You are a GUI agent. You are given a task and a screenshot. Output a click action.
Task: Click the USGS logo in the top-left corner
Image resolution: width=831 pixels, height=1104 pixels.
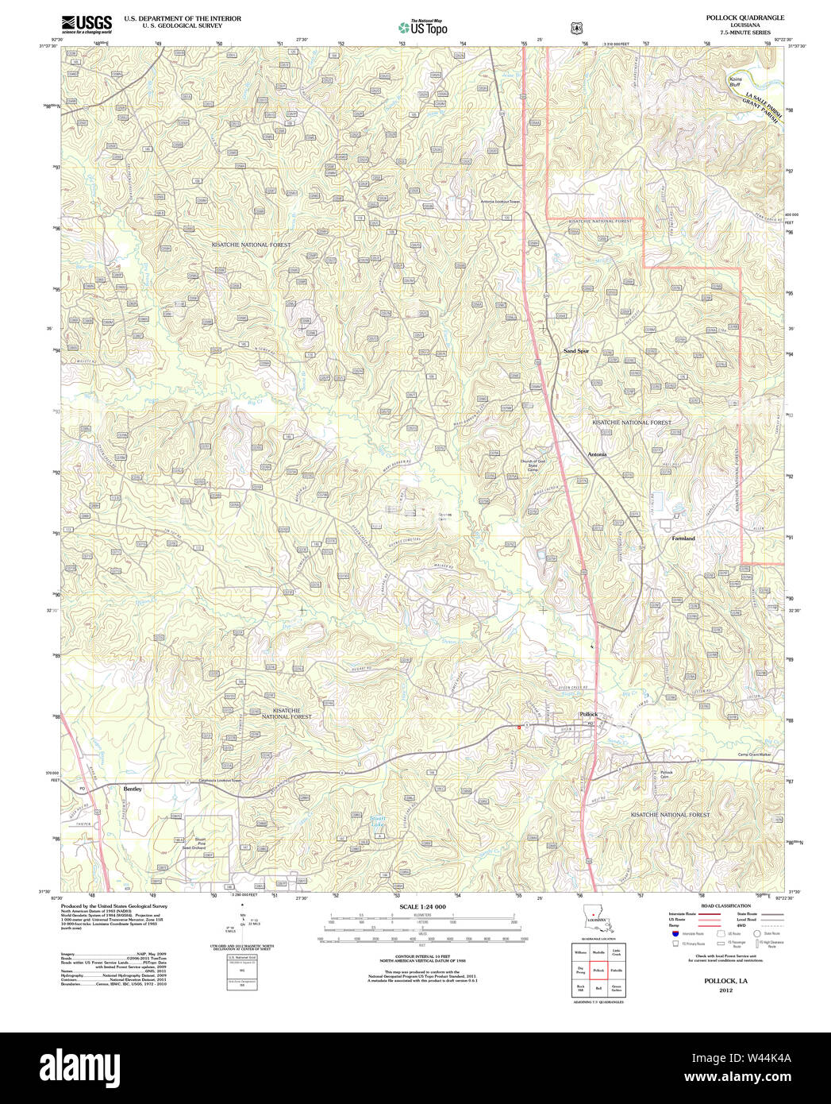click(x=87, y=23)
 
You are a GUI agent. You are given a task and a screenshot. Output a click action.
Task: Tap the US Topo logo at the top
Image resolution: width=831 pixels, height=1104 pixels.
click(x=422, y=27)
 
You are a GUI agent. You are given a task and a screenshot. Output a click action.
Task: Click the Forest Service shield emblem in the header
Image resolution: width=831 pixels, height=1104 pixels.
click(x=575, y=28)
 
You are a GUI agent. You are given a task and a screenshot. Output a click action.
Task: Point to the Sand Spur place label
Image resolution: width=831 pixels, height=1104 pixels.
click(x=576, y=350)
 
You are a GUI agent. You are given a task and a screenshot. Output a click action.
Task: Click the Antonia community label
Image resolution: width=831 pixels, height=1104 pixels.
click(x=597, y=454)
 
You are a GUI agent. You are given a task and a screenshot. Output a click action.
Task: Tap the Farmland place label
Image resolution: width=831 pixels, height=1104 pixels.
click(x=683, y=538)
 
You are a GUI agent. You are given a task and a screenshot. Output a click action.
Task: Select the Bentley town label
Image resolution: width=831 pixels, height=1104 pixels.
click(x=133, y=789)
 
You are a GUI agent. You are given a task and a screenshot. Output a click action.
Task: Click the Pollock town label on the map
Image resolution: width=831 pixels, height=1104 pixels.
click(x=588, y=714)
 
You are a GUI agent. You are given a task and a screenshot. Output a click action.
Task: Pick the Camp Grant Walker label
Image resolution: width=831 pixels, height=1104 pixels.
click(x=754, y=755)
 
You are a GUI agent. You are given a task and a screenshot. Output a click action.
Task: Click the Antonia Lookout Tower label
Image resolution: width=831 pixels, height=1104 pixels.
click(x=500, y=201)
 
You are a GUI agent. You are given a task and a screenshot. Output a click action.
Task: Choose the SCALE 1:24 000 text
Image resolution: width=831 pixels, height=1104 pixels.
click(x=422, y=907)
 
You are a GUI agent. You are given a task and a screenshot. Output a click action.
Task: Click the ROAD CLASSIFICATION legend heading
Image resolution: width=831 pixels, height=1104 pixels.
click(x=725, y=906)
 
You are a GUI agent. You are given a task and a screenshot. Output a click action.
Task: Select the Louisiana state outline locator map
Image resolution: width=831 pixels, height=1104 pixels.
click(x=597, y=918)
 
